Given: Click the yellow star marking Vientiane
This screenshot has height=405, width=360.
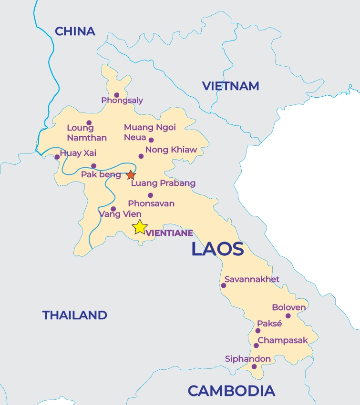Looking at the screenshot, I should (x=140, y=227).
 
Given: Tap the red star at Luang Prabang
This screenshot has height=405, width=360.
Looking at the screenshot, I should (x=131, y=175).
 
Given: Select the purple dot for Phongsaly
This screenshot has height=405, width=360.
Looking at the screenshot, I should (x=116, y=95).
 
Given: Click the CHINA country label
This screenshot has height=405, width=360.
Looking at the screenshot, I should (x=75, y=31).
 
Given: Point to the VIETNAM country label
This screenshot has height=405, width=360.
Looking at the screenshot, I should (x=230, y=86).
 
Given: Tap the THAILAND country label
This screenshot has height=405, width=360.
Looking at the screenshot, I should (x=74, y=315).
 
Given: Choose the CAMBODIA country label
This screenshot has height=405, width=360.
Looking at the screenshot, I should (x=231, y=391).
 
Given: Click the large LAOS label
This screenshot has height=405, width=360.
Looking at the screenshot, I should (x=217, y=249).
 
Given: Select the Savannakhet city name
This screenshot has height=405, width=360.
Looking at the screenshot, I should (x=252, y=279).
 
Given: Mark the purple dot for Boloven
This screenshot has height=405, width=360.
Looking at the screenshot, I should (x=288, y=316).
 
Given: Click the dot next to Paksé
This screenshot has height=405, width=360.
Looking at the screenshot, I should (x=258, y=331).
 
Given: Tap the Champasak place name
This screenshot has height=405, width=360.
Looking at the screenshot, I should (x=283, y=340).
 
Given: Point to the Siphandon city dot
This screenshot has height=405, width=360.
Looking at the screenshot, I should (x=254, y=367).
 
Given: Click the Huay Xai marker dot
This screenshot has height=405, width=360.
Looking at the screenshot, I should (x=57, y=157).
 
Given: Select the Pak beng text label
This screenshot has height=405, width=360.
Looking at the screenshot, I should (x=101, y=174).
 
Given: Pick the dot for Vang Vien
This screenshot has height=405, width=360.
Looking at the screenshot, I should (x=113, y=209).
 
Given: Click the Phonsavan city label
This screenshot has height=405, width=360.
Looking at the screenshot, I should (x=151, y=203).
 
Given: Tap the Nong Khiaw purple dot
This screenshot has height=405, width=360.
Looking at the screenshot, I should (x=141, y=156).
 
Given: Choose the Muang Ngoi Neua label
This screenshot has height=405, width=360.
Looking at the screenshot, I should (x=150, y=132).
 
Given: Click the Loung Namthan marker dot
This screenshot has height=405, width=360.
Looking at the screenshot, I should (x=89, y=123).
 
